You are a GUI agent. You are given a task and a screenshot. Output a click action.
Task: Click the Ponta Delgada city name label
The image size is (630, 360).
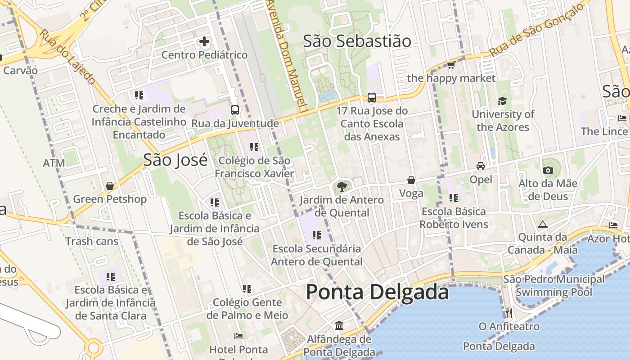coord(377,292)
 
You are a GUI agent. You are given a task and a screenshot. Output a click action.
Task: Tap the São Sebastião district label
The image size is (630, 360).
coord(357,41)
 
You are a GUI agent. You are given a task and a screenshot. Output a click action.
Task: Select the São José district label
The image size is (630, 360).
coord(175,160)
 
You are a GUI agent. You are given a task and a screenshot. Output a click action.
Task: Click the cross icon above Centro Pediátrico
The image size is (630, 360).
coord(204,42)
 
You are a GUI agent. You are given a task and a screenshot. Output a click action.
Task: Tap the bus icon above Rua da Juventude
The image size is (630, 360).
coord(235,110)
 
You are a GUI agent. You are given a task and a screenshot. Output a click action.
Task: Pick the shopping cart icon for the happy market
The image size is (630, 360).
coord(451,65)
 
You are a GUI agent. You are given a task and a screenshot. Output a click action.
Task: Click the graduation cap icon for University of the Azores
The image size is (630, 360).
coord(502,101)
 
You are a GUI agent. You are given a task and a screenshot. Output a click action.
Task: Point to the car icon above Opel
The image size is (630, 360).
coord(481,166)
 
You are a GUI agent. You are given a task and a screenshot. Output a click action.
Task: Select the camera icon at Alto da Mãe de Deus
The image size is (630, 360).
coord(548,170)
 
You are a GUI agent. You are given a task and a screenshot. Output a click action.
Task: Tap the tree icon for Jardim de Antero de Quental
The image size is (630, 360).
coord(342,186)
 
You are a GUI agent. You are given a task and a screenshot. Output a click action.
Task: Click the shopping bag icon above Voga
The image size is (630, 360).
coord(411,180)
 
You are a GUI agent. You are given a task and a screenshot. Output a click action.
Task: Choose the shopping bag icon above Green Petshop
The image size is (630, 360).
coord(109,186)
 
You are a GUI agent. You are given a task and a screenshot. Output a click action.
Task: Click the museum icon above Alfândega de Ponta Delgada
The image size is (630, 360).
coord(339,325)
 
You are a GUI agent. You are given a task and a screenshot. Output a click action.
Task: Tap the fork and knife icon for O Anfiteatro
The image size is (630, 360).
coord(509,313)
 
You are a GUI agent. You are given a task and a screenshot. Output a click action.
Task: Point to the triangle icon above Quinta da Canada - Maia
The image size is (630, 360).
coord(543,224)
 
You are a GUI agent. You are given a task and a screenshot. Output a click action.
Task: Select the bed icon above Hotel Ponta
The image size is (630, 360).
coord(238,336)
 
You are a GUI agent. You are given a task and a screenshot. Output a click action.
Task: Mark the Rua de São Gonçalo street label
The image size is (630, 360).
coord(539,29)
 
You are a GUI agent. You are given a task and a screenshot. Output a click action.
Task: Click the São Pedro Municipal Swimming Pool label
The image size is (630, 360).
coord(554,286)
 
